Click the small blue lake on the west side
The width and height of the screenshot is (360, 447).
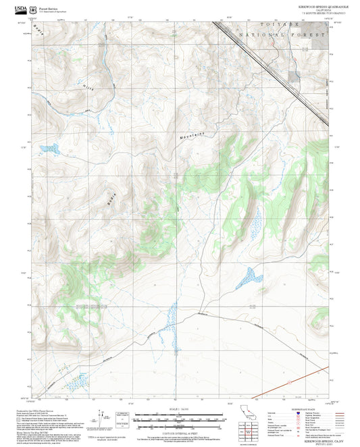[x=49, y=147]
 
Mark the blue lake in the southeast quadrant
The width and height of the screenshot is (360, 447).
[x=250, y=275]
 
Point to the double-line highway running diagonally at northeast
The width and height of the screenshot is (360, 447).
[x=270, y=68]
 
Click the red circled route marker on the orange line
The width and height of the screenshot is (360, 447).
[x=288, y=383]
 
